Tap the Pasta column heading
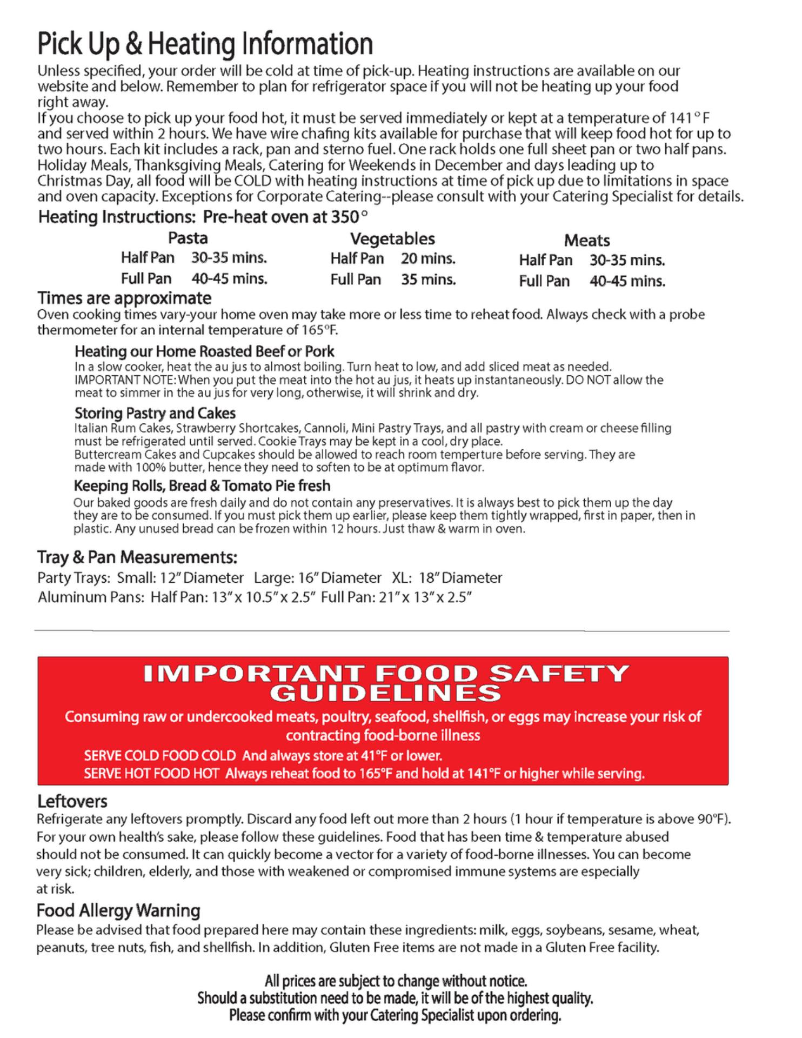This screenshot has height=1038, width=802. [x=188, y=238]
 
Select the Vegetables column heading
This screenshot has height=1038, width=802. [x=392, y=238]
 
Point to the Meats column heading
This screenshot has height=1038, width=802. [x=587, y=240]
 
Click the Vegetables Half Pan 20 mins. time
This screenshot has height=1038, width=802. [x=428, y=258]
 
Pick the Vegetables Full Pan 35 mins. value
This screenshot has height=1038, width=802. [x=428, y=280]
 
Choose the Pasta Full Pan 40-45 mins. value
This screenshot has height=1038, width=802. [x=229, y=279]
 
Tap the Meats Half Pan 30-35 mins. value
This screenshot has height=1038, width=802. [x=627, y=260]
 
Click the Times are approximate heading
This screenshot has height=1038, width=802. [x=124, y=298]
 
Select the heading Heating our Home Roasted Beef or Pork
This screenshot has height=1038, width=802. [x=204, y=351]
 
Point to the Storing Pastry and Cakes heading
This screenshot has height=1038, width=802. [x=155, y=413]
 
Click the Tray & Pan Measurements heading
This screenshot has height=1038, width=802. [x=137, y=556]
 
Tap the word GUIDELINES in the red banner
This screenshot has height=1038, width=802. [x=385, y=693]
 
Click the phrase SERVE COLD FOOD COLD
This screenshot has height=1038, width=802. [x=160, y=755]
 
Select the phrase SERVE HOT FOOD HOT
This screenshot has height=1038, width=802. [x=151, y=774]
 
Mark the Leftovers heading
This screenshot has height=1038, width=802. [x=72, y=801]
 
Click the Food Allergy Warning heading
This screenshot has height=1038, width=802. [x=118, y=910]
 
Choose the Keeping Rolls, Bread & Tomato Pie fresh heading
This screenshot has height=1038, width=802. [x=202, y=485]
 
